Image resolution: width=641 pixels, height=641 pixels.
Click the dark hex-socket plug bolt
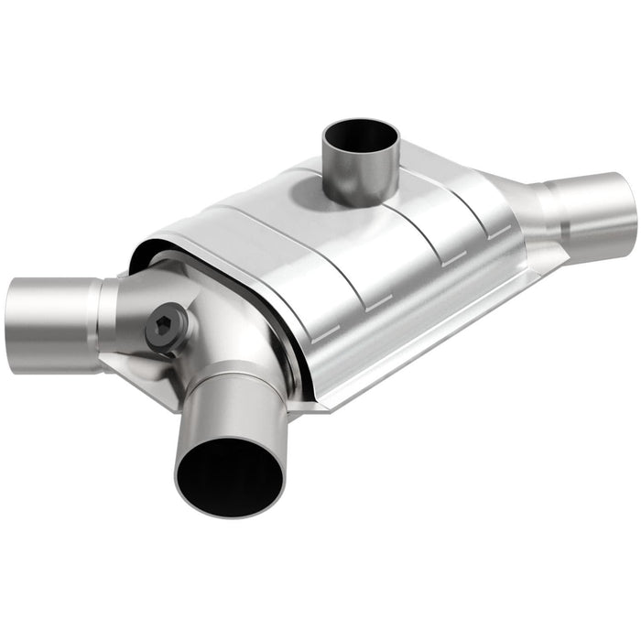pyautogui.click(x=168, y=327)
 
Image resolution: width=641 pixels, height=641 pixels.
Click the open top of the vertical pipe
pyautogui.click(x=361, y=136)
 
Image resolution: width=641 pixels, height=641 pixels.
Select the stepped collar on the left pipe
pyautogui.click(x=106, y=307)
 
